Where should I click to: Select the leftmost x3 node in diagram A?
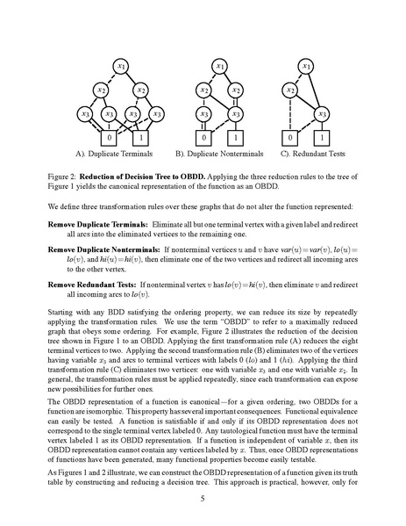click(85, 113)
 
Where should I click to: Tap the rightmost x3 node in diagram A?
click(157, 113)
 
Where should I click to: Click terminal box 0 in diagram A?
click(109, 138)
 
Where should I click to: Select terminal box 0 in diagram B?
click(203, 138)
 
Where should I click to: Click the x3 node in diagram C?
click(322, 113)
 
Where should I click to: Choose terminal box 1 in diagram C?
click(322, 138)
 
